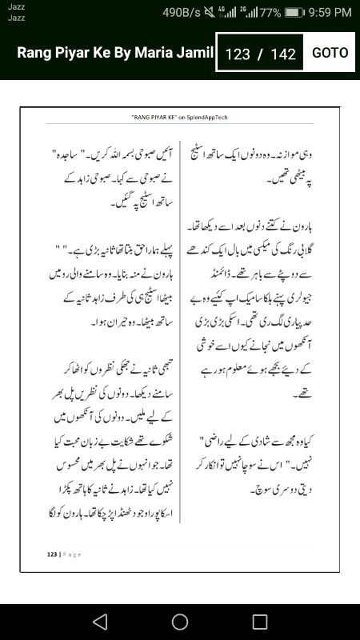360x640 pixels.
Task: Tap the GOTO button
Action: pyautogui.click(x=330, y=53)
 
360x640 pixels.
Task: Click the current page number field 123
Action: pyautogui.click(x=238, y=54)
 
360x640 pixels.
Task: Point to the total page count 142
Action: pyautogui.click(x=284, y=54)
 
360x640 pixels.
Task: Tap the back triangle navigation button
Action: pyautogui.click(x=99, y=621)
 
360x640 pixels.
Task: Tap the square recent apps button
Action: pyautogui.click(x=260, y=621)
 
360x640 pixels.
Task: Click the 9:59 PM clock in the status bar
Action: pyautogui.click(x=330, y=12)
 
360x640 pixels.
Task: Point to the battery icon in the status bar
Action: pyautogui.click(x=295, y=12)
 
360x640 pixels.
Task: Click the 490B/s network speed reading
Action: pyautogui.click(x=181, y=12)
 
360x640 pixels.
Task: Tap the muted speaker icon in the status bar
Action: pyautogui.click(x=210, y=12)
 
